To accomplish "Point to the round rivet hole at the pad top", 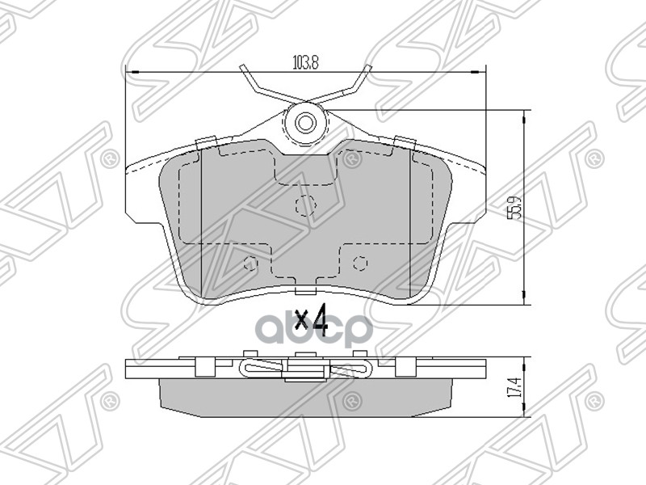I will tap(306, 123).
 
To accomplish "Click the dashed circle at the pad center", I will tap(304, 206).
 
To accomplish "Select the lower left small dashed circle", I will tap(250, 263).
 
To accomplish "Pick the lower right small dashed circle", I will tap(360, 262).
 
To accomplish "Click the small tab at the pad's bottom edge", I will tap(305, 293).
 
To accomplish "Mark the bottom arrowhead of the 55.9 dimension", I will tap(526, 300).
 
